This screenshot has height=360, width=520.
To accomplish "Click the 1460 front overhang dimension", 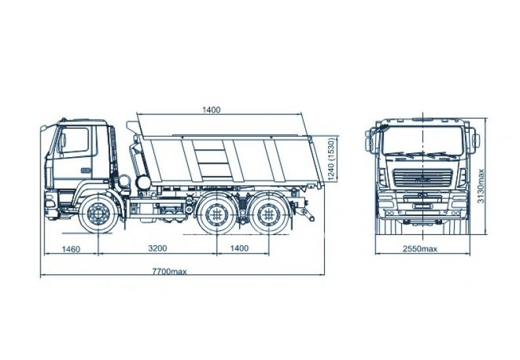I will point(70,249).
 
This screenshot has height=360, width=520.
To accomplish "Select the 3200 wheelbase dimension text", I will point(157,249).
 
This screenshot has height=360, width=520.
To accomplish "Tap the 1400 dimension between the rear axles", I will point(240,249).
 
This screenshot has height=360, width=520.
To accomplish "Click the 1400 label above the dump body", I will point(211,109).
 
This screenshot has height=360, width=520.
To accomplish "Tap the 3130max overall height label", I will point(481,186).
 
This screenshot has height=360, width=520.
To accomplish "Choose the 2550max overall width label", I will point(420,249).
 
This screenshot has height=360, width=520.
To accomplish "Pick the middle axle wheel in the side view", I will point(216,214).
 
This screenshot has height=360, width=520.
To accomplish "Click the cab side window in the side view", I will point(73,141).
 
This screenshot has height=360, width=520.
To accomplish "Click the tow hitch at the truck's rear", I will point(305,212).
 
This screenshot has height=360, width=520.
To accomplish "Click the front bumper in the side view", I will point(50,204).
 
